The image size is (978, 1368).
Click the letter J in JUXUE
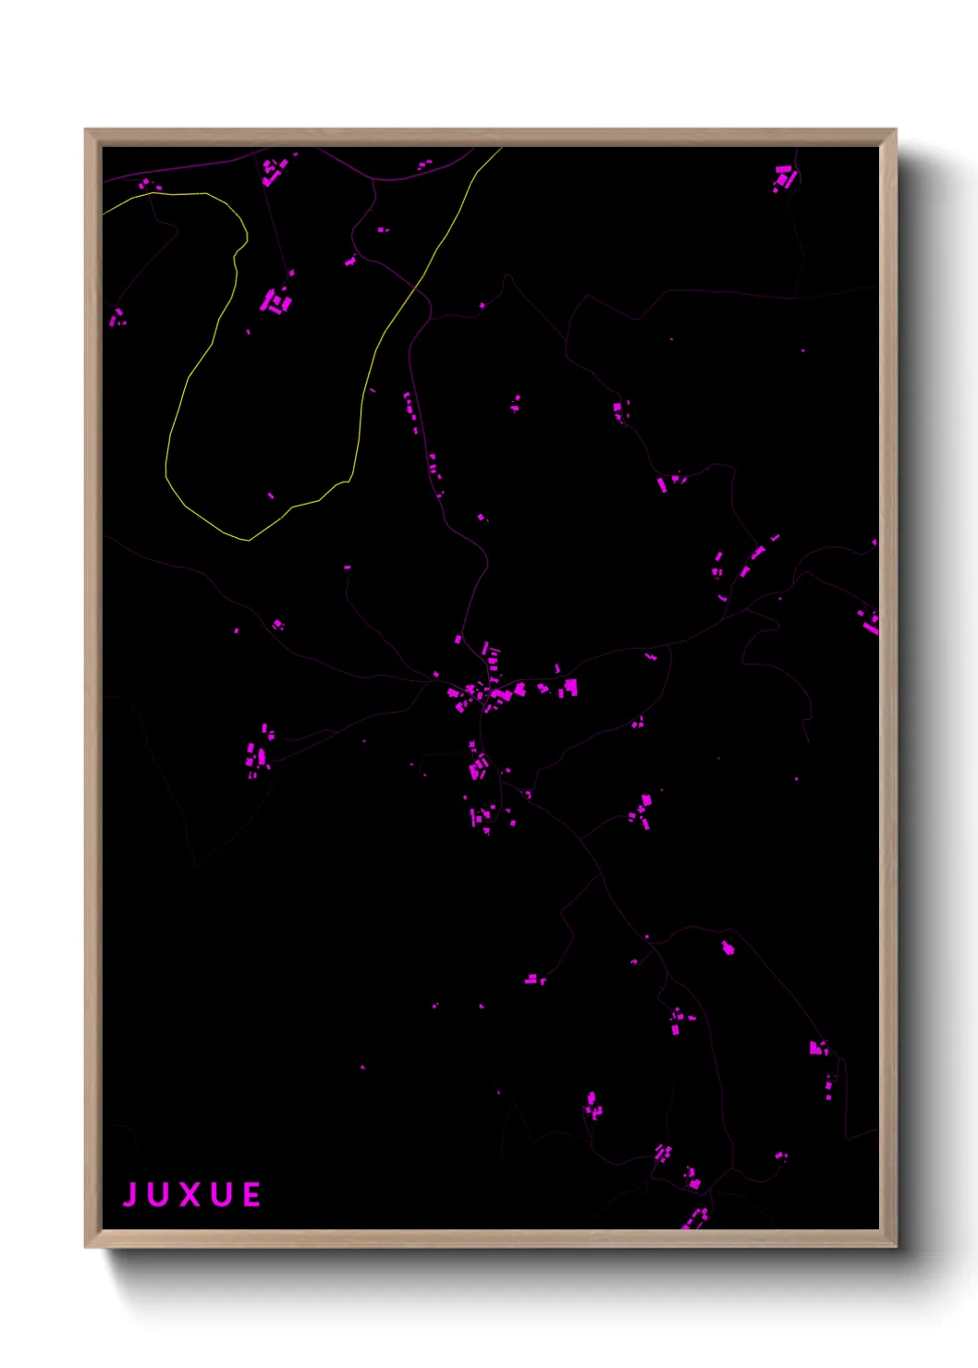click(x=130, y=1194)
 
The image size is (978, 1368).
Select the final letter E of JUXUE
click(x=251, y=1194)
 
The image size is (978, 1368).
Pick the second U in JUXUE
click(x=221, y=1194)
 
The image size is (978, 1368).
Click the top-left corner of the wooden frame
click(x=86, y=130)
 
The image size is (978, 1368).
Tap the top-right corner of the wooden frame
click(x=895, y=130)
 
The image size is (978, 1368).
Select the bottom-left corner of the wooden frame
click(x=86, y=1246)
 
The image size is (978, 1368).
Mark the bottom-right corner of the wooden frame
click(x=895, y=1246)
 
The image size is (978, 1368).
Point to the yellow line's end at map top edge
click(x=501, y=148)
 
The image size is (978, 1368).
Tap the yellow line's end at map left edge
click(x=104, y=214)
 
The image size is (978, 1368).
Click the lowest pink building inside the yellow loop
click(x=271, y=496)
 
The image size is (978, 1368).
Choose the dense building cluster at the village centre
click(x=480, y=691)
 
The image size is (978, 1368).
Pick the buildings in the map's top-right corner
click(x=785, y=177)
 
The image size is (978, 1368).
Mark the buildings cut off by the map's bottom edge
click(x=694, y=1219)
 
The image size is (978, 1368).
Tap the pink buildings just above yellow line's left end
click(x=146, y=185)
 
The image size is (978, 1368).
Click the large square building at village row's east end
click(x=570, y=686)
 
